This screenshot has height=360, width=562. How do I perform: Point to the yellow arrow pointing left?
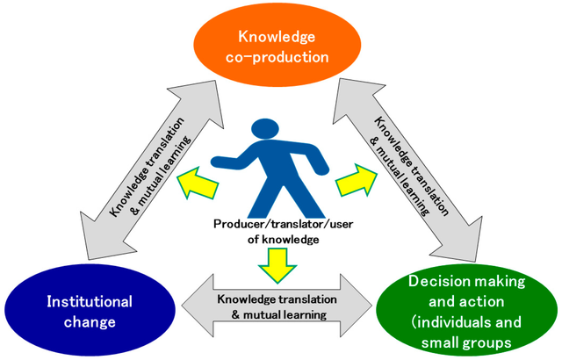195,183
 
